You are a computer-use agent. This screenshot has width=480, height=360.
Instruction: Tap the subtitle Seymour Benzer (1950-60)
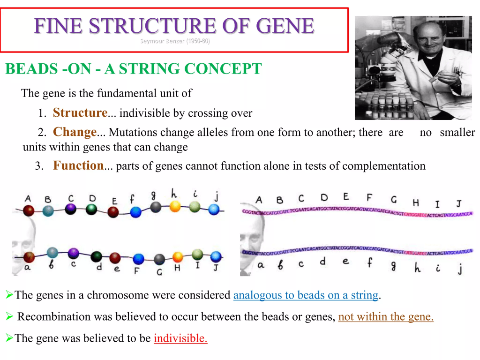[x=175, y=41]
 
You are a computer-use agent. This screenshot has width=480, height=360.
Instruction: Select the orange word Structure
[x=80, y=113]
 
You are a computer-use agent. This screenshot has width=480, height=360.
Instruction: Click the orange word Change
[x=75, y=132]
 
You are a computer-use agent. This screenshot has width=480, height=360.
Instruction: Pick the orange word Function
[x=78, y=165]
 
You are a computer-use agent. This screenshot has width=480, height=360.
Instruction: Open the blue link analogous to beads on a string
[x=306, y=295]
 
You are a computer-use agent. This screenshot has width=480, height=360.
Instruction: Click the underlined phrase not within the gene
[x=386, y=317]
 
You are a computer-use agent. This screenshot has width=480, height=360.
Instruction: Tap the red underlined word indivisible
[x=180, y=338]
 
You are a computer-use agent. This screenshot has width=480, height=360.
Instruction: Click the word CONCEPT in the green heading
[x=223, y=69]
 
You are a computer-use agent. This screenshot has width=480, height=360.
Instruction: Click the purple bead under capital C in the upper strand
[x=71, y=209]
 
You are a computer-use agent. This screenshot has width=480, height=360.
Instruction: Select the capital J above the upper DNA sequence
[x=458, y=203]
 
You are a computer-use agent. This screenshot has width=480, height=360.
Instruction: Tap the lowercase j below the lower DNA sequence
[x=460, y=268]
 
